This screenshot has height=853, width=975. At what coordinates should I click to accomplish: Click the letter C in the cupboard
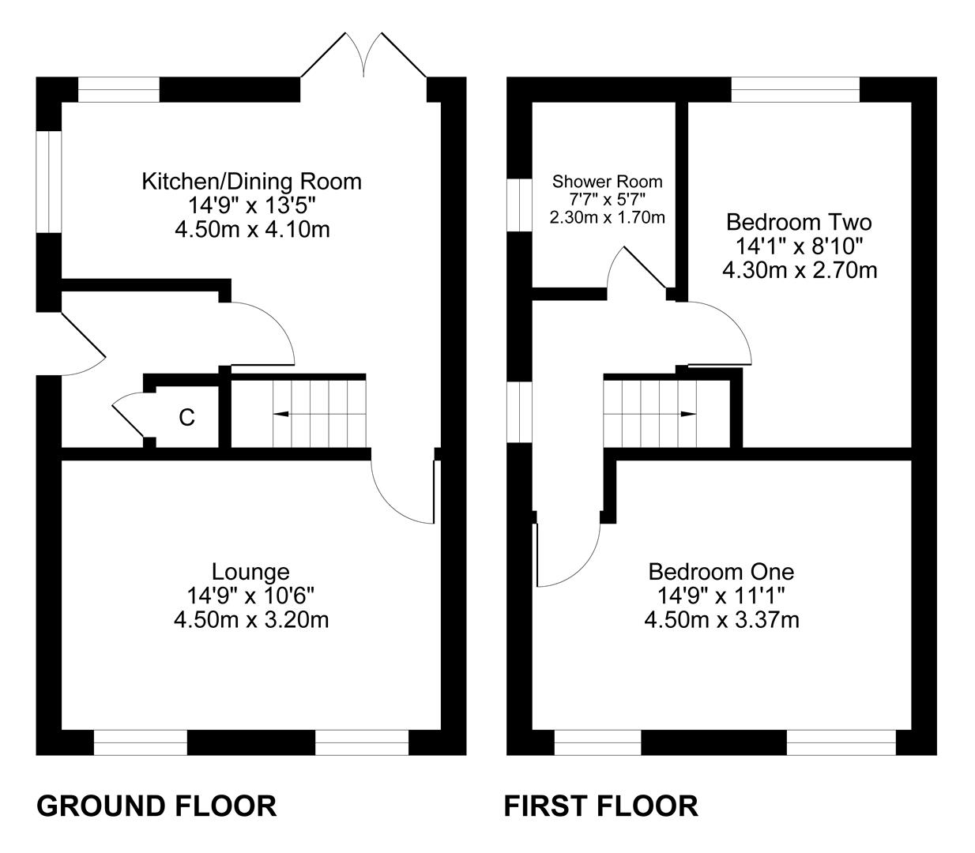click(x=186, y=418)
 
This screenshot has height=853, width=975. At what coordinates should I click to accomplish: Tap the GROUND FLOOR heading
click(x=156, y=807)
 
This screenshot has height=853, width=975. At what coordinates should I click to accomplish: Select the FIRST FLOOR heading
click(x=601, y=807)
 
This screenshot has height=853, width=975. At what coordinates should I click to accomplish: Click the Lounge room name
click(x=250, y=572)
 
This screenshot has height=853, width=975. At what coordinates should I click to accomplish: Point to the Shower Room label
click(x=607, y=182)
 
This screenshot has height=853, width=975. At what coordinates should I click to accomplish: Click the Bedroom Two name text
click(x=799, y=223)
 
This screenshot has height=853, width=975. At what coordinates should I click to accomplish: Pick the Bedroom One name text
click(x=721, y=572)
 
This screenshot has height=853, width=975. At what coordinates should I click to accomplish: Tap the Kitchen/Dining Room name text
click(x=251, y=182)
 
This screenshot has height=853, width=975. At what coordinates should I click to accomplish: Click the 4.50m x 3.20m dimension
click(x=251, y=620)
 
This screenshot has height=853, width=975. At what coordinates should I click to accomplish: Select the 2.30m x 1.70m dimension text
click(x=607, y=218)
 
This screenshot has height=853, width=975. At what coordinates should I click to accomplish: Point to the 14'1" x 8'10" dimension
click(x=799, y=246)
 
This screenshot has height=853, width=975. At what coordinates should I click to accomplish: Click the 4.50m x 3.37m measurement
click(x=721, y=620)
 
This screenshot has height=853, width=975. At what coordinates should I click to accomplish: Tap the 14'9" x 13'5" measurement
click(x=251, y=206)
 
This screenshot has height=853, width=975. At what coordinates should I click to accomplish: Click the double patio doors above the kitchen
click(x=363, y=54)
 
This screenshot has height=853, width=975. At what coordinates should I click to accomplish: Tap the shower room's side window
click(x=519, y=205)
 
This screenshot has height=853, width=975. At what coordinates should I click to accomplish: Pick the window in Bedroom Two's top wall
click(x=796, y=89)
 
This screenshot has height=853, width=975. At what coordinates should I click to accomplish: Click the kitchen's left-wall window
click(x=49, y=182)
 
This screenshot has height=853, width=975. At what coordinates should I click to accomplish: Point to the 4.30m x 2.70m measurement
click(x=800, y=271)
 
